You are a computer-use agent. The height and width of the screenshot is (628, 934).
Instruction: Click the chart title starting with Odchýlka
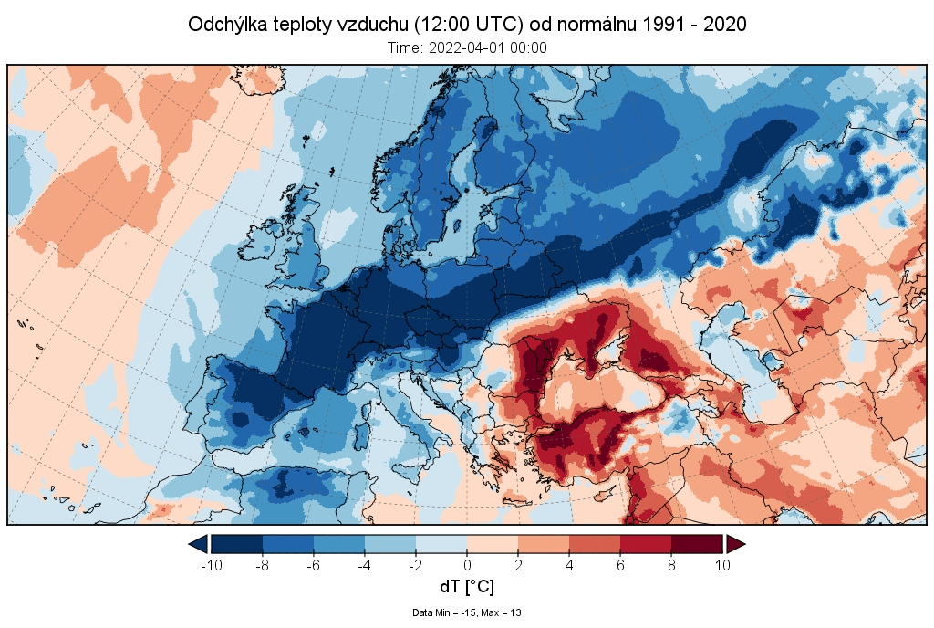point(467,25)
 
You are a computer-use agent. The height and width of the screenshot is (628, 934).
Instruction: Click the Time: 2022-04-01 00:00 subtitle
point(467,48)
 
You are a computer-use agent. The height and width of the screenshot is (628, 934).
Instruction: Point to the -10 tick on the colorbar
point(211,564)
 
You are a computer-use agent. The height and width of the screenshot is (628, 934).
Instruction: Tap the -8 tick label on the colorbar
point(262,564)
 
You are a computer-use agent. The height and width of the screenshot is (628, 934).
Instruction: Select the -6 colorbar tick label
point(313,564)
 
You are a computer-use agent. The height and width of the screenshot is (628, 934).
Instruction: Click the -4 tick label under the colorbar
point(364,564)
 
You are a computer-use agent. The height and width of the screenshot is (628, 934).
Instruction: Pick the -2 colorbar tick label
point(415,564)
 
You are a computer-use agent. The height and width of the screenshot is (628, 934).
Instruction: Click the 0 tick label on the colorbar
point(467,564)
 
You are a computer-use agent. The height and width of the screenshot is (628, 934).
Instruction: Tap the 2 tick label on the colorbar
point(518,564)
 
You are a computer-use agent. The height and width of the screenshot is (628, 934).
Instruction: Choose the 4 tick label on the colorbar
point(569,564)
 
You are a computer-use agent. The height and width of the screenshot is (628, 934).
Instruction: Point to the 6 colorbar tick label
point(620,564)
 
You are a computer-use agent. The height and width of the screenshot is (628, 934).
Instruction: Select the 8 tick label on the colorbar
point(671,564)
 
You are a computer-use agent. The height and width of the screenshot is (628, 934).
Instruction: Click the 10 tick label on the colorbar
point(722,564)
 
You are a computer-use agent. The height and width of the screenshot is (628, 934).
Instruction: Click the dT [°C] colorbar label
point(467,587)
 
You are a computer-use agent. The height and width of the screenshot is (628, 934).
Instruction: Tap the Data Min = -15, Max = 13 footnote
point(467,612)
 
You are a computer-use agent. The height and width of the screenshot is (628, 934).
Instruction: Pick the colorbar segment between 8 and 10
point(697,544)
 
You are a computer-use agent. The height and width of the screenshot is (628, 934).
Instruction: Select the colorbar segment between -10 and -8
point(236,544)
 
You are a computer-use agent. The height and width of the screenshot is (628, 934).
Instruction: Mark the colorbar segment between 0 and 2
point(493,544)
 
